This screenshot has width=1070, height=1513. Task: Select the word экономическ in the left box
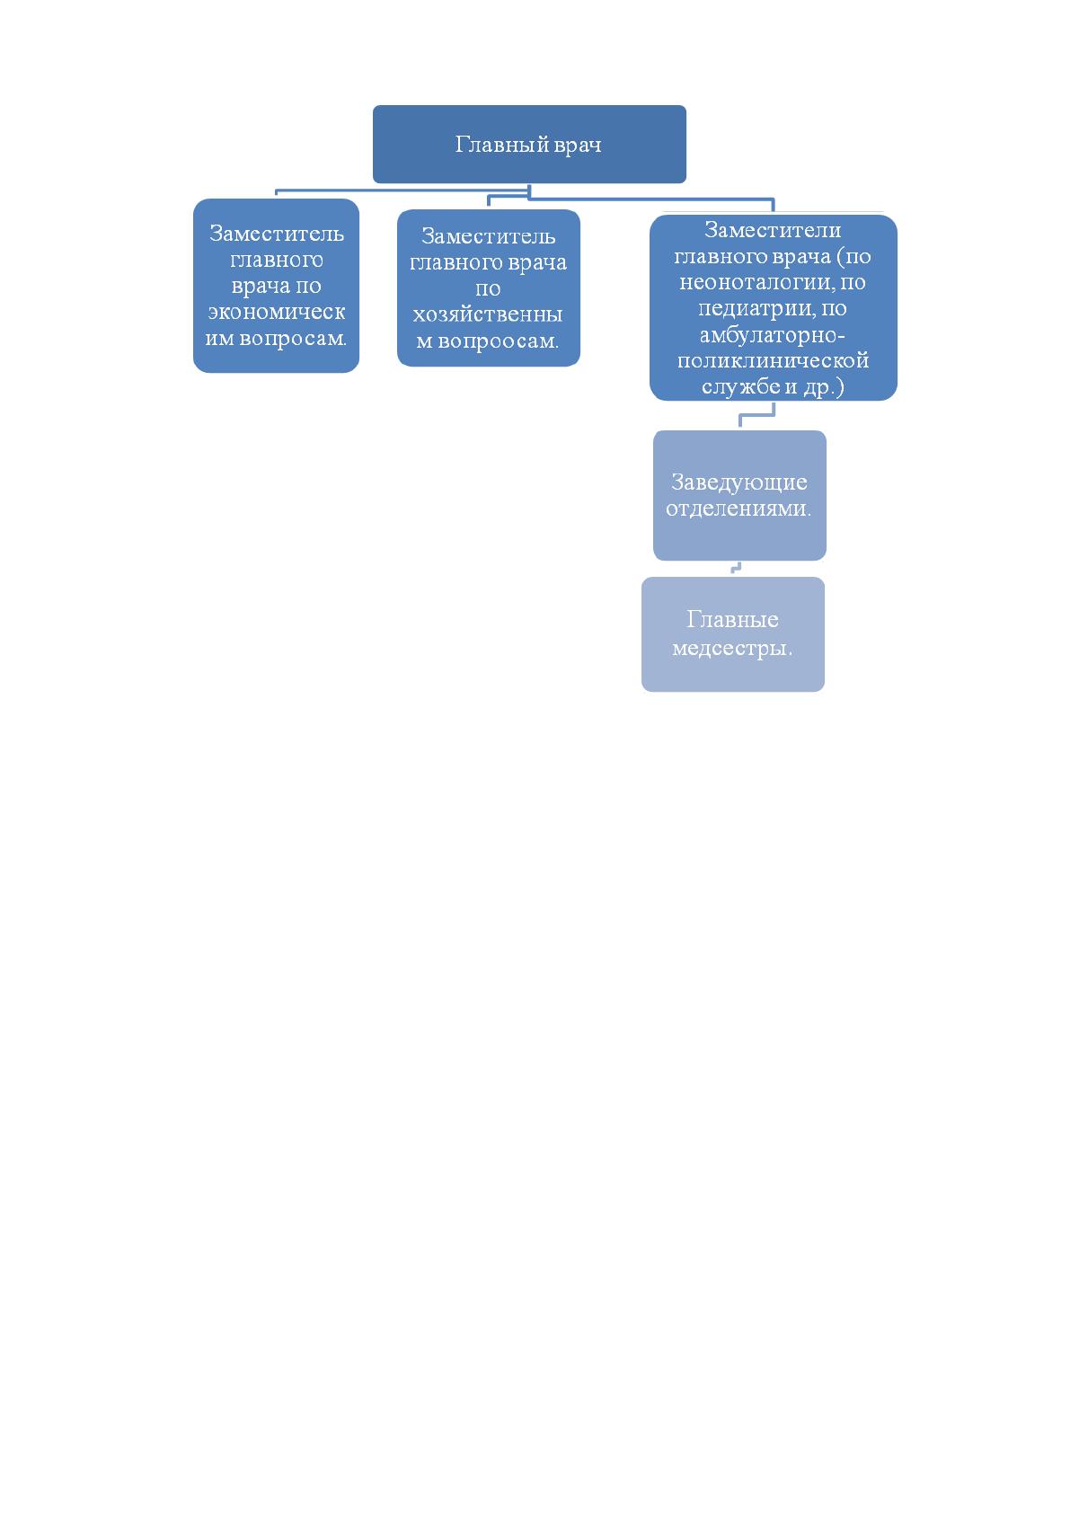[277, 312]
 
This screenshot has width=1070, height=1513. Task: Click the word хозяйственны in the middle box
[488, 314]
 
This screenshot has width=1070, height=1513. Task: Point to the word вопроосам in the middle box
[497, 341]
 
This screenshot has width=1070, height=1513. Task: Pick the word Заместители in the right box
[773, 230]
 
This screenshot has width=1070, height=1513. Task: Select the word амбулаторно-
[772, 335]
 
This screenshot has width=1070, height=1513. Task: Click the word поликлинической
[773, 360]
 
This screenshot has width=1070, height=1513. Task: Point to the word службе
[740, 387]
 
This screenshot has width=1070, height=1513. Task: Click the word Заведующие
[739, 482]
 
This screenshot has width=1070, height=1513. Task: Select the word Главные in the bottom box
[732, 619]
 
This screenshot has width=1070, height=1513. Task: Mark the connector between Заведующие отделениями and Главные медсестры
[737, 568]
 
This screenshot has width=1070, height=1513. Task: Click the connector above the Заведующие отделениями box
[756, 415]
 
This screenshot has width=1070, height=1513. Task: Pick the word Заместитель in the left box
[277, 233]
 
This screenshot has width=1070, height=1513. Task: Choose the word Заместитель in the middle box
[488, 235]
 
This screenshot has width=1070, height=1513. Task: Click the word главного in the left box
[277, 260]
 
